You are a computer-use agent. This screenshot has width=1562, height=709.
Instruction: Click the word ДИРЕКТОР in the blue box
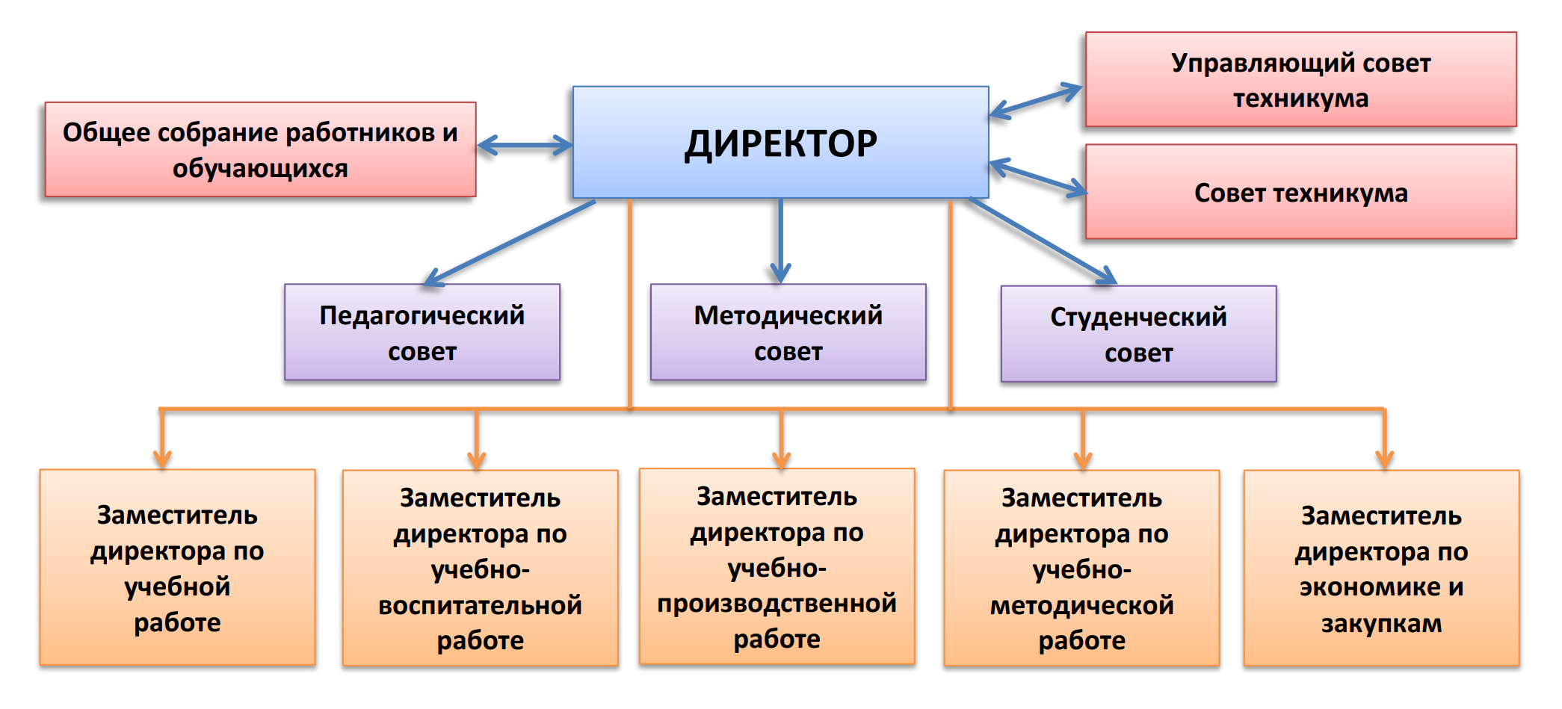pyautogui.click(x=781, y=144)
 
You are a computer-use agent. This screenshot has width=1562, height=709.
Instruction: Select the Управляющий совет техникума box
pyautogui.click(x=1300, y=80)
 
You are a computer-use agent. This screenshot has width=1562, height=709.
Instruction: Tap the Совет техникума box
pyautogui.click(x=1300, y=193)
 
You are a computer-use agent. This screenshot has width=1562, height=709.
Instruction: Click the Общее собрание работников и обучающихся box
pyautogui.click(x=260, y=150)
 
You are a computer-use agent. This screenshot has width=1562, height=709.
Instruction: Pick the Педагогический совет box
pyautogui.click(x=422, y=333)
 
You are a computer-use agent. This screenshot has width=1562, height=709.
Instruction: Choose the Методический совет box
pyautogui.click(x=788, y=333)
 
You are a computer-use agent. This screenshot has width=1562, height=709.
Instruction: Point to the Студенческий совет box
pyautogui.click(x=1138, y=335)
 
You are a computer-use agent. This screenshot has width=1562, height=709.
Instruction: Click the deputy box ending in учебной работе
pyautogui.click(x=177, y=568)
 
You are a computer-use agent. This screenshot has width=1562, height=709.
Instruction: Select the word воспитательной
pyautogui.click(x=480, y=605)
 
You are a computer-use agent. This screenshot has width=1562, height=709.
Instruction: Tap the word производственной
pyautogui.click(x=777, y=603)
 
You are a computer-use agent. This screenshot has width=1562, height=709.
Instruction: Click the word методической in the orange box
pyautogui.click(x=1081, y=605)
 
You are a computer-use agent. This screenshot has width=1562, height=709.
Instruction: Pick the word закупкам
pyautogui.click(x=1381, y=623)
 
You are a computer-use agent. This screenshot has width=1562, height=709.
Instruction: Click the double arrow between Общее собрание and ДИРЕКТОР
pyautogui.click(x=525, y=145)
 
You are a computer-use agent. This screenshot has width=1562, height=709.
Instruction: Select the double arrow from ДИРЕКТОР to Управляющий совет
pyautogui.click(x=1036, y=102)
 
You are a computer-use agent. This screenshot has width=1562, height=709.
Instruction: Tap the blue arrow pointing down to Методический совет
pyautogui.click(x=780, y=239)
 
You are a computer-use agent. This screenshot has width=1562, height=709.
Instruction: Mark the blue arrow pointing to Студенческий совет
pyautogui.click(x=1042, y=241)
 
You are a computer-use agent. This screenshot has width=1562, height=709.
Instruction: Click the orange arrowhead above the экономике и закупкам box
pyautogui.click(x=1384, y=457)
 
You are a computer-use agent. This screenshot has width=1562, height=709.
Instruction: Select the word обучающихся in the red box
pyautogui.click(x=260, y=169)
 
